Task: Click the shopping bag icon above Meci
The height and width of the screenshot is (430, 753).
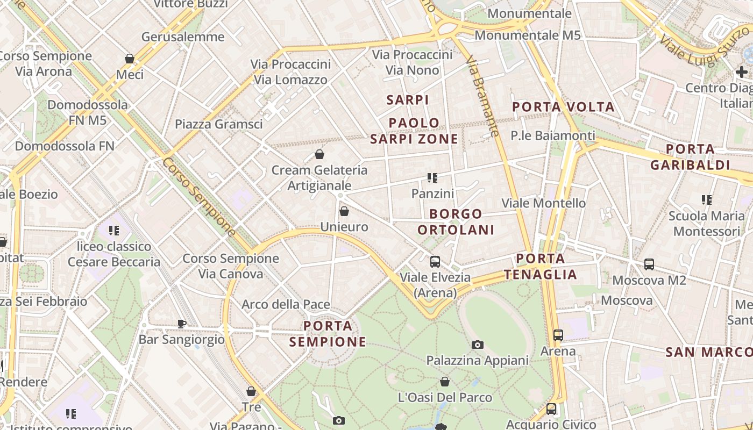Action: [130, 58]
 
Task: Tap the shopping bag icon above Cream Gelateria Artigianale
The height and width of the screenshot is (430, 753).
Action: [319, 155]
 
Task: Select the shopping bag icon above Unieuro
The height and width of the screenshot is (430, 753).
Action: [344, 211]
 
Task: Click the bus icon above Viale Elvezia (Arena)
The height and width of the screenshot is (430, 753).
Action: [435, 262]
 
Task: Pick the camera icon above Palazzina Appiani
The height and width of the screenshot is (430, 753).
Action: [477, 345]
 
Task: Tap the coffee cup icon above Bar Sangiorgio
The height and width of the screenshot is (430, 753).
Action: [182, 324]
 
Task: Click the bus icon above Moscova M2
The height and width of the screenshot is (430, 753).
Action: [649, 264]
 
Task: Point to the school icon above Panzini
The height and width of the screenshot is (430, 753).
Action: [432, 177]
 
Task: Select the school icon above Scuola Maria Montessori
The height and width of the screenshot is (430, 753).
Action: [707, 200]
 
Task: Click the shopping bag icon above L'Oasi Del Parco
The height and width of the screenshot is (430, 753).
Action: [445, 382]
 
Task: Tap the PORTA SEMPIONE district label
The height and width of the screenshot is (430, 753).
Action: [328, 334]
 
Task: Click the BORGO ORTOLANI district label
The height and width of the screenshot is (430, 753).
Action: [456, 222]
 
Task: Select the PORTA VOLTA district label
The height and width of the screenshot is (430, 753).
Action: [563, 106]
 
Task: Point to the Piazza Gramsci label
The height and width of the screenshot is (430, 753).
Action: [219, 124]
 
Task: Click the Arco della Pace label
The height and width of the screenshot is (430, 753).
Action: [286, 304]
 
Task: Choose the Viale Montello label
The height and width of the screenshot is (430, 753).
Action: [543, 203]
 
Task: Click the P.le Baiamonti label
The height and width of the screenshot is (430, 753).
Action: [553, 135]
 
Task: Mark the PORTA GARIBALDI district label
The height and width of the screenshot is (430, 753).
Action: [690, 157]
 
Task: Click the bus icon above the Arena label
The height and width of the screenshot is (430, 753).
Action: [558, 335]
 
